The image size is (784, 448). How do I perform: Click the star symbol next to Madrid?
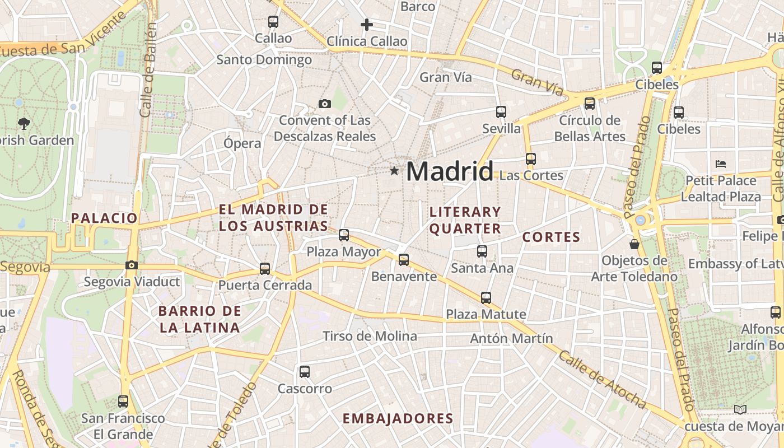coord(394,171)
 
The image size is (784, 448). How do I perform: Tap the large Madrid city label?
coord(450,171)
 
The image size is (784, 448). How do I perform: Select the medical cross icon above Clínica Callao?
coord(367,25)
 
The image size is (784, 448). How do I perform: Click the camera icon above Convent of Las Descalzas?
coord(324,104)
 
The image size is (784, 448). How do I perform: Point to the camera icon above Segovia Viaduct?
coord(132,265)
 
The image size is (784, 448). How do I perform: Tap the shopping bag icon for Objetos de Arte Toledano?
coord(634,244)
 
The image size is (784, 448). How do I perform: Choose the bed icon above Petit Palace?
coord(721,164)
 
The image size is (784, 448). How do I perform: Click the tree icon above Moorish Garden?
coord(24,123)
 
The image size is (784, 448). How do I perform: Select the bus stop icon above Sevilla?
coord(501,112)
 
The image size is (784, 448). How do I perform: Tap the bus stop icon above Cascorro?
coord(305,371)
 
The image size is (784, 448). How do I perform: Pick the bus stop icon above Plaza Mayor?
coord(344,235)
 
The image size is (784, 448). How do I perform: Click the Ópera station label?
coord(242,143)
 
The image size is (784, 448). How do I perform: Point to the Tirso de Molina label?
coord(370,336)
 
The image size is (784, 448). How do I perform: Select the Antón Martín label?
coord(511,338)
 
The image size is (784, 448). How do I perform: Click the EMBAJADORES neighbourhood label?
coord(398,418)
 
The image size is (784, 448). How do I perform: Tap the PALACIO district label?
coord(104,218)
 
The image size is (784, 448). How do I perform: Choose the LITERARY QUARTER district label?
coord(465,220)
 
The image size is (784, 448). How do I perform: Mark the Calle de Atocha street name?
coord(602,379)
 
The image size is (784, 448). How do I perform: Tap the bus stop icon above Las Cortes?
coord(531,159)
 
